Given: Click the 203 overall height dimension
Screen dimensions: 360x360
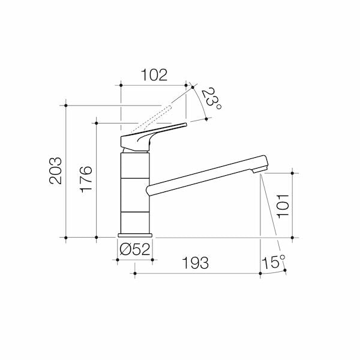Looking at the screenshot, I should coord(55,172).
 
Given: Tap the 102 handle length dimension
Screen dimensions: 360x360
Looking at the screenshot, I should coord(154,76).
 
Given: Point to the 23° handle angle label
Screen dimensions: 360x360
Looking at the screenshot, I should coord(211,99).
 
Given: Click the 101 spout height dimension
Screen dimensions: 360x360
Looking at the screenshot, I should coord(283,205).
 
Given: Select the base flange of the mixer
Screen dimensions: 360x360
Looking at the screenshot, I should coord(134,236).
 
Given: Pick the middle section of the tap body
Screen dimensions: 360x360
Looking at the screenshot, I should coord(134,196).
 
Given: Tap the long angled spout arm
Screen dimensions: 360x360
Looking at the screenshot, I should coord(204,174).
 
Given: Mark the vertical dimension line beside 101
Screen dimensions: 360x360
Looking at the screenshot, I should coord(292,205).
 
